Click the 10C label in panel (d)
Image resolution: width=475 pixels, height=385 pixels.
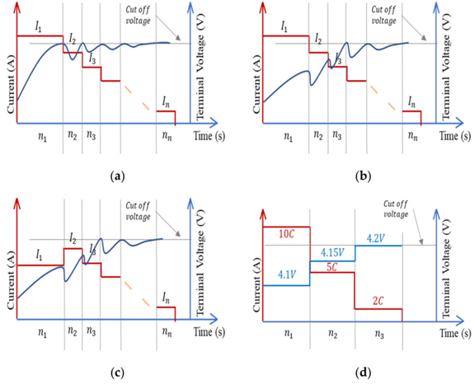pyautogui.click(x=286, y=234)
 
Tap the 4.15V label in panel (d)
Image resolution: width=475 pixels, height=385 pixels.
pyautogui.click(x=332, y=253)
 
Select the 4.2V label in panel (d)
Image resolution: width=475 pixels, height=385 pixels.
pyautogui.click(x=376, y=239)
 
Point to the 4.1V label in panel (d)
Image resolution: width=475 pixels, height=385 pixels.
pyautogui.click(x=287, y=275)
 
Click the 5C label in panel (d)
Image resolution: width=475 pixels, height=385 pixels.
pyautogui.click(x=332, y=267)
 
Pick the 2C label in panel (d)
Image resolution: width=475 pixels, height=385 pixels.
pyautogui.click(x=378, y=301)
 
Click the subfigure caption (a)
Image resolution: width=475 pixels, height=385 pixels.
pyautogui.click(x=117, y=176)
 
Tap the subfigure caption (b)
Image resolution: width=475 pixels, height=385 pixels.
pyautogui.click(x=363, y=176)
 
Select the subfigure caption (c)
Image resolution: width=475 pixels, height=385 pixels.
pyautogui.click(x=117, y=364)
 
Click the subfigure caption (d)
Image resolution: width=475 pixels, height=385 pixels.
pyautogui.click(x=363, y=364)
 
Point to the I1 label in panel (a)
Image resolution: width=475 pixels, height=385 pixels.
pyautogui.click(x=38, y=28)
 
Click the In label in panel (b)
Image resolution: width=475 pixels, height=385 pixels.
pyautogui.click(x=412, y=102)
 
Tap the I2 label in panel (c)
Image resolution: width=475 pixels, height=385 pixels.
pyautogui.click(x=73, y=240)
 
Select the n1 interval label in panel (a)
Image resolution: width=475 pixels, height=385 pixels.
pyautogui.click(x=42, y=137)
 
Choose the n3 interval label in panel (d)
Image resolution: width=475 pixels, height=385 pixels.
pyautogui.click(x=379, y=334)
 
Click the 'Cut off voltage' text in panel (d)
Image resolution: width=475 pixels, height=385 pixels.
pyautogui.click(x=396, y=209)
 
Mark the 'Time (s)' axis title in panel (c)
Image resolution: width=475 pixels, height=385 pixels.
pyautogui.click(x=209, y=331)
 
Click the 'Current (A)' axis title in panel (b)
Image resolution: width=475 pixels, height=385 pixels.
pyautogui.click(x=256, y=86)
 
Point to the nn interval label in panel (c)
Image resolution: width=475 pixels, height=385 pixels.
pyautogui.click(x=167, y=332)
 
